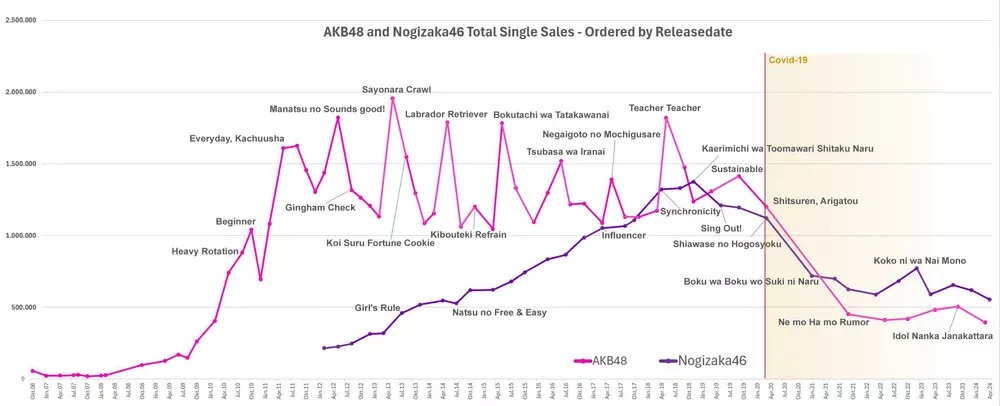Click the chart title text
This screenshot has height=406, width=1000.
coord(528,32)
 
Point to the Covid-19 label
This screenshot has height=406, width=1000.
coord(788,60)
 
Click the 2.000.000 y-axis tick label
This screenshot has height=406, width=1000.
coord(21,92)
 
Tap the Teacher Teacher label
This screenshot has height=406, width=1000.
coord(665,107)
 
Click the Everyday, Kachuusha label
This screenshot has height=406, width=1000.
coord(237,138)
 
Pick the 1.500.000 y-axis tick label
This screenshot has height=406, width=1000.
coord(21,164)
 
